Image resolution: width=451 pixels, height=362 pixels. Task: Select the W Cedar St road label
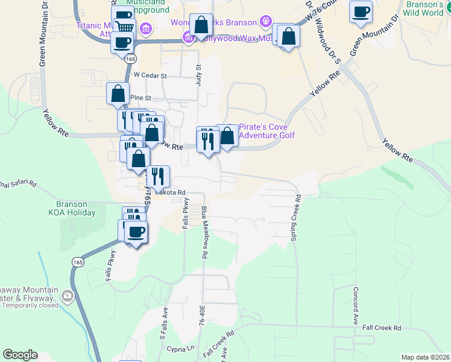(x=150, y=76)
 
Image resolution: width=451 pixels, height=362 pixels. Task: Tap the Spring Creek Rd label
(x=295, y=217)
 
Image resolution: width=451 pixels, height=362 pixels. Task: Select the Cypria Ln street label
(x=183, y=348)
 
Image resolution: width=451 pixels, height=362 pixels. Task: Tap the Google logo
(x=20, y=355)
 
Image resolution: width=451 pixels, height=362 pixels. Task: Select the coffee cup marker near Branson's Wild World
(x=361, y=12)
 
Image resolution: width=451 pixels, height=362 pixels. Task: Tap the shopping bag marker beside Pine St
(x=117, y=94)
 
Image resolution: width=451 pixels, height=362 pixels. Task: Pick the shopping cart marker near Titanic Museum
(x=124, y=27)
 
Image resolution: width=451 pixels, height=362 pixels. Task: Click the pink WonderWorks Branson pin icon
(x=265, y=22)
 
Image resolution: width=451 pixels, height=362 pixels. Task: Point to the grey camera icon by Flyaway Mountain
(x=67, y=296)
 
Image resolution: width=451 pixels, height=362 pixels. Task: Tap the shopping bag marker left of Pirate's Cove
(x=227, y=136)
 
